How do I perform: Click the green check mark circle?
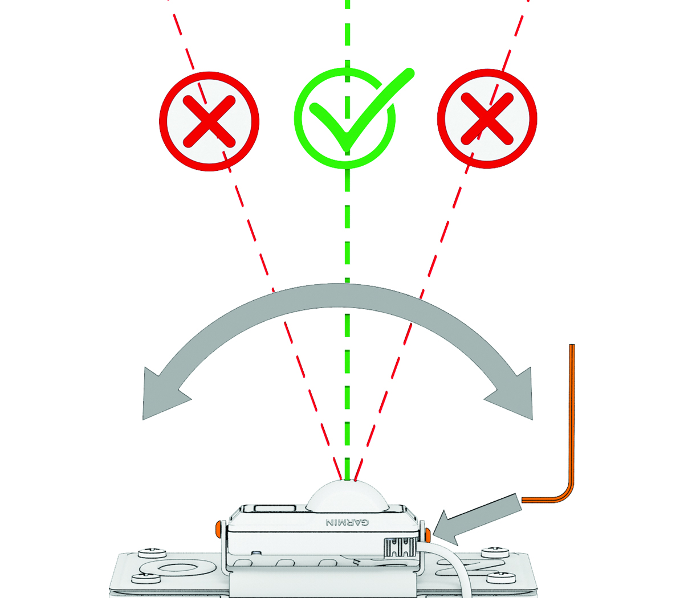point(345,118)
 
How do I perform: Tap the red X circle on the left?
point(209,122)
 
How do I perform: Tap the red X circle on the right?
point(487,118)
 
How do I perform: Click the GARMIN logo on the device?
point(347,522)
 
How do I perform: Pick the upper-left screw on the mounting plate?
point(152,553)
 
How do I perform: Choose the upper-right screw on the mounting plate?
point(495,553)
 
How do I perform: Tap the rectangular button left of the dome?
point(275,508)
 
